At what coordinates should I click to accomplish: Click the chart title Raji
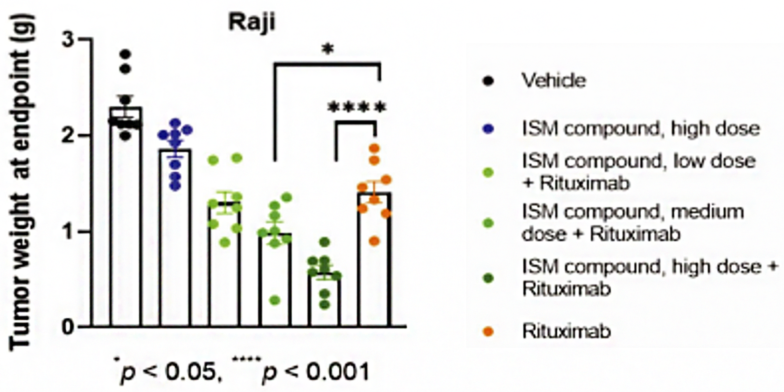click(252, 22)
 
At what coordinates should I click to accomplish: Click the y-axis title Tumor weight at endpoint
click(21, 182)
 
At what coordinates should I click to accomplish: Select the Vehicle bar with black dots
click(126, 217)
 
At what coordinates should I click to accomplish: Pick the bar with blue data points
click(175, 238)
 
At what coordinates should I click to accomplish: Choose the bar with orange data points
click(374, 259)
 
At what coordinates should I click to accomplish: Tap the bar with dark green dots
click(324, 300)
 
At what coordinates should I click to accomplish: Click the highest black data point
click(126, 54)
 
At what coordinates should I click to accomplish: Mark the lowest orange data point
click(374, 241)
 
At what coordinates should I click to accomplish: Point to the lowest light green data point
click(275, 300)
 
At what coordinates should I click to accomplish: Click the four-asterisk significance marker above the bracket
click(357, 107)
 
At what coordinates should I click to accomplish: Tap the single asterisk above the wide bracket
click(328, 49)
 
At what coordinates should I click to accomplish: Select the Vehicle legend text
click(553, 80)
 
